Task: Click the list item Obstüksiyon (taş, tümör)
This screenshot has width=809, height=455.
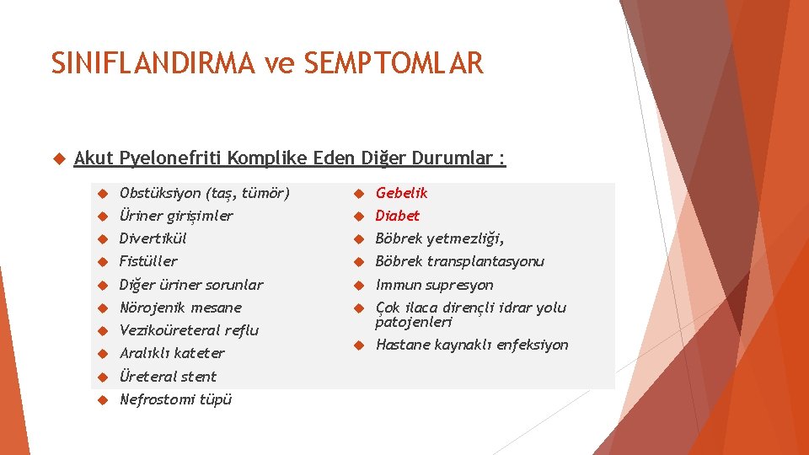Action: coord(204,193)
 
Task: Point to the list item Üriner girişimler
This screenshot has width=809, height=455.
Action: coord(176,216)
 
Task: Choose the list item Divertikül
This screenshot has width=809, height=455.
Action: coord(153,238)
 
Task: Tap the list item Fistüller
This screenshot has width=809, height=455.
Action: coord(148,261)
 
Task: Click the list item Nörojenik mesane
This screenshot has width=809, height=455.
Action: coord(180,308)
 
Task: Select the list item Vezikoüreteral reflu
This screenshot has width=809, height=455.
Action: coord(189,330)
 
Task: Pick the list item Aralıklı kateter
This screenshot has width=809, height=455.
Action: coord(172,353)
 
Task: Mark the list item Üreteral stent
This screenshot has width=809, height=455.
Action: coord(168,377)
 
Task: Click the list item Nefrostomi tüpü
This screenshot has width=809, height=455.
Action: coord(175,399)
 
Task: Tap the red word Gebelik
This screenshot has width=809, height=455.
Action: coord(402,193)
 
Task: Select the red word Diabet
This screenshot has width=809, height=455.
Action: coord(398,216)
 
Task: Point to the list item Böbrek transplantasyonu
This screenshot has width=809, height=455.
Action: coord(460,261)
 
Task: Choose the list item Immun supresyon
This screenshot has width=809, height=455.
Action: coord(435,285)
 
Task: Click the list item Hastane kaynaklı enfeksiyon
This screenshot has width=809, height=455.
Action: coord(472,345)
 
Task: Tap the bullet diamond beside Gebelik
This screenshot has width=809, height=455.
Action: coord(357,194)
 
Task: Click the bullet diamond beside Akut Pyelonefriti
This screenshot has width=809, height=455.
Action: coord(58,158)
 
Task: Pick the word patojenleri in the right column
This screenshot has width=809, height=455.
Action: coord(415,322)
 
